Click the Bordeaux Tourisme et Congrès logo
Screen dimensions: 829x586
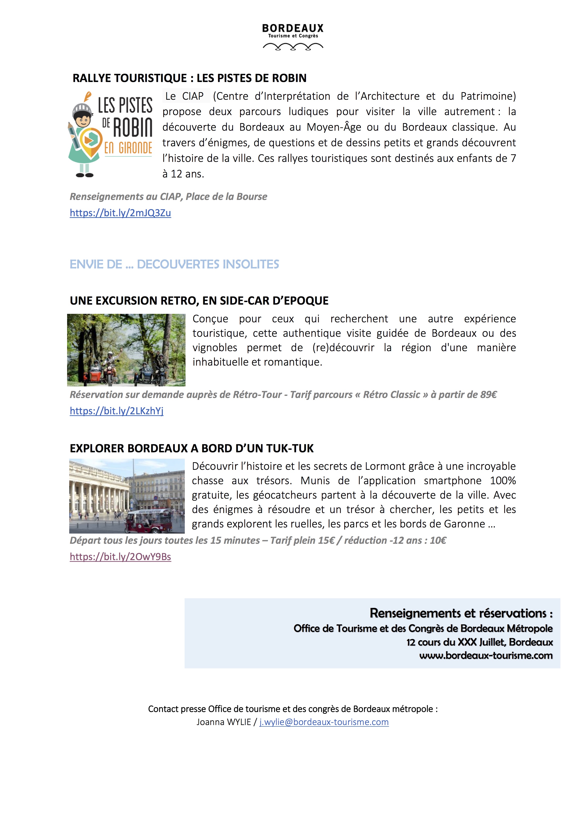tap(293, 36)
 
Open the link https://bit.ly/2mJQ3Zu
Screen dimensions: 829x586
tap(120, 213)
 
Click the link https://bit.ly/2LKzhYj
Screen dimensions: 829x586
tap(116, 411)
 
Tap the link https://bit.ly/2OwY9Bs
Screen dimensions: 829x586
tap(120, 557)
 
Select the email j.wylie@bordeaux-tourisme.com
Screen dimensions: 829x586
tap(324, 722)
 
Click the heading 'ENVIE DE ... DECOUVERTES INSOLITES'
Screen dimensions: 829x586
tap(174, 264)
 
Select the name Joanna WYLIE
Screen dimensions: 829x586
tap(224, 722)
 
